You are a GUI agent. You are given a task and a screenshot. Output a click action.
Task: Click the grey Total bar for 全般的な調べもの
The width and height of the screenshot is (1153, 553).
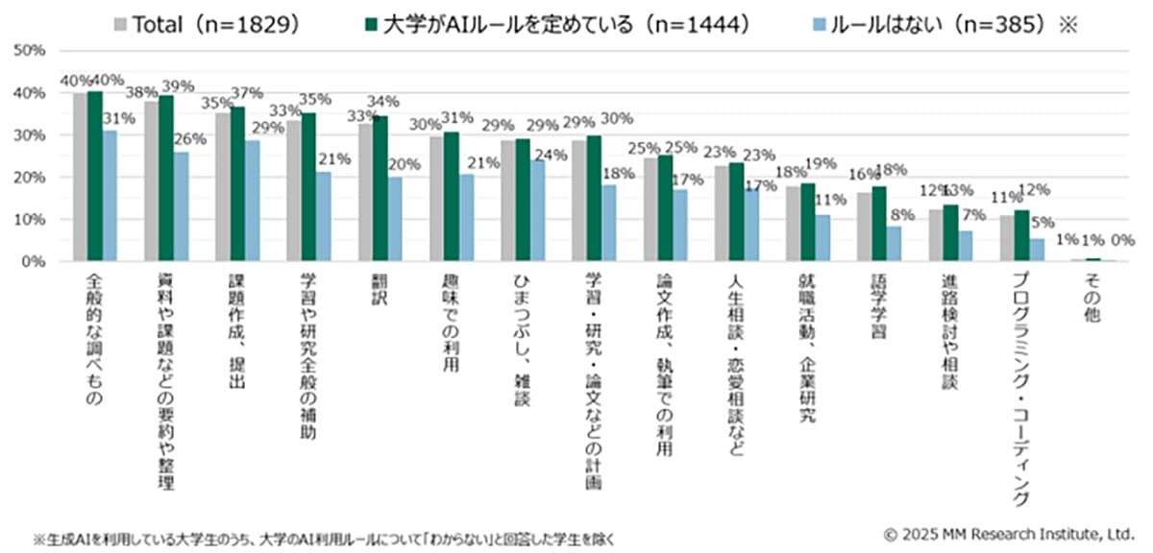pyautogui.click(x=80, y=177)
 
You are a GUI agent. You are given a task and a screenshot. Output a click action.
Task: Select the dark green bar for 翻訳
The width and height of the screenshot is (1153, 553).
pyautogui.click(x=380, y=188)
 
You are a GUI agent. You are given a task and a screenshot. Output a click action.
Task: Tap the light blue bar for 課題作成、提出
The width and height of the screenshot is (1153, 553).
pyautogui.click(x=251, y=201)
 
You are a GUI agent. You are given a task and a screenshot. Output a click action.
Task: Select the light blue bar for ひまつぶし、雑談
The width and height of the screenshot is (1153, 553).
pyautogui.click(x=536, y=210)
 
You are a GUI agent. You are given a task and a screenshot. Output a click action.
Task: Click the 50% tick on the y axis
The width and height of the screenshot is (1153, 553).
pyautogui.click(x=30, y=51)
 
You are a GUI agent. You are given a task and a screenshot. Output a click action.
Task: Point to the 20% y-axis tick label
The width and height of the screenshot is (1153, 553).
pyautogui.click(x=30, y=178)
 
